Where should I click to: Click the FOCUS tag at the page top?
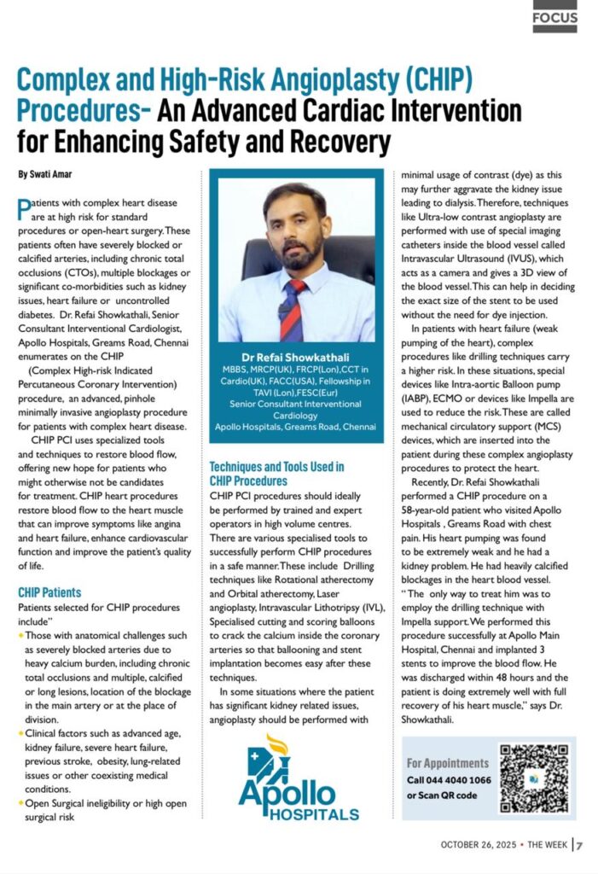(554, 16)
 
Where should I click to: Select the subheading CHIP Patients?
(49, 591)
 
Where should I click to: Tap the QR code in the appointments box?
(533, 778)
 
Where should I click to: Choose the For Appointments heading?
(448, 763)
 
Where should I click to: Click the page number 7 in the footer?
(579, 845)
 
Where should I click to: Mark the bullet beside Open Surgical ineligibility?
(20, 804)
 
